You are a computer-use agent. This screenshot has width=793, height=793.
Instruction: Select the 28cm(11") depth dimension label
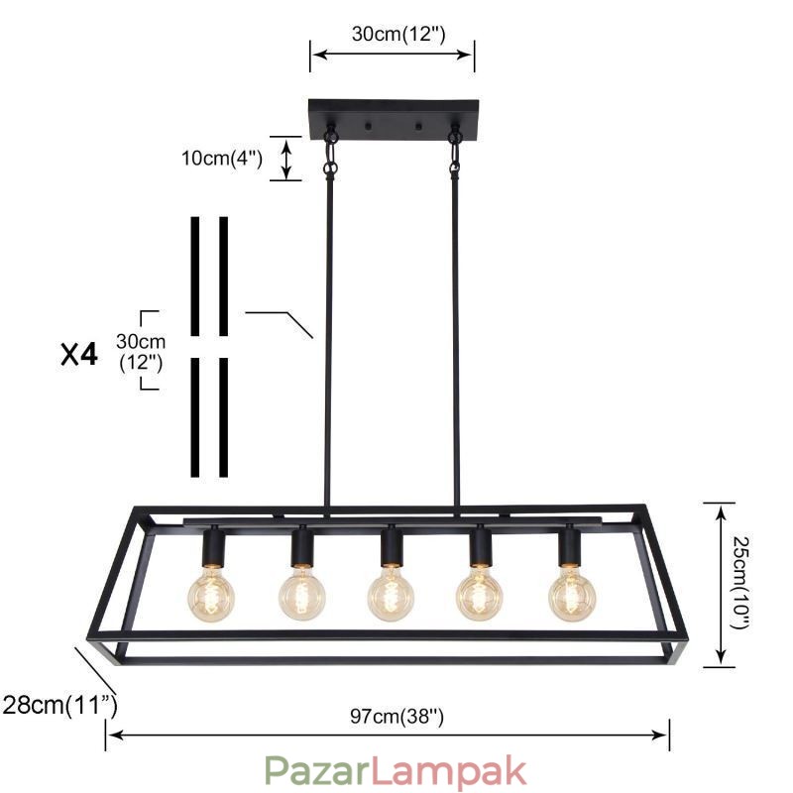[x=59, y=706]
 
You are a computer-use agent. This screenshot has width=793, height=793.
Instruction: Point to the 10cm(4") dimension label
[x=221, y=159]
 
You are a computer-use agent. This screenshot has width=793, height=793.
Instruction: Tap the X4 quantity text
[x=79, y=355]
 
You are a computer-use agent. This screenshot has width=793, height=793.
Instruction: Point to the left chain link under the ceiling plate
[x=331, y=154]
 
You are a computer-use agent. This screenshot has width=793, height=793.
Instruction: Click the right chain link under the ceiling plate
[x=456, y=154]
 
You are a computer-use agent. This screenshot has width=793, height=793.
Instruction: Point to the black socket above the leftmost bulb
[x=212, y=545]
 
